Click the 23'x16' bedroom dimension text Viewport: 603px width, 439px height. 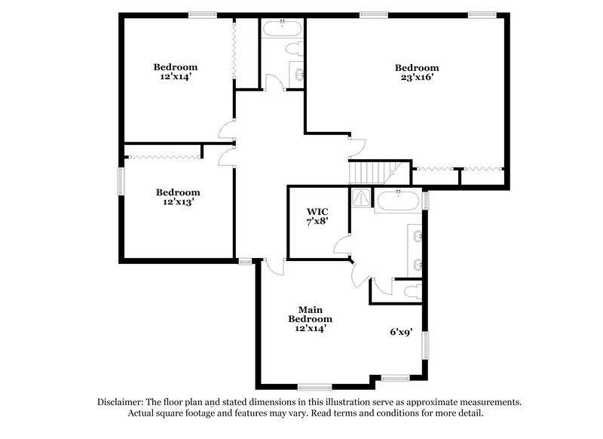pos(417,77)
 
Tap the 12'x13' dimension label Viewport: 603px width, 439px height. pos(178,202)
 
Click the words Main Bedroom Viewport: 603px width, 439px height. pos(309,314)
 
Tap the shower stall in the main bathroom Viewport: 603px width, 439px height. pos(361,198)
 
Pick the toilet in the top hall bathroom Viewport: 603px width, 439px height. pos(295,49)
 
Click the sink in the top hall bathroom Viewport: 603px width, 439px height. pos(300,73)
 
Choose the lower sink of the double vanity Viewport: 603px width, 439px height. pos(418,265)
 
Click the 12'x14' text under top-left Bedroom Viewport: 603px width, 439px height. pos(176,76)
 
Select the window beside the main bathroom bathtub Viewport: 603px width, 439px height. pos(425,200)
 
